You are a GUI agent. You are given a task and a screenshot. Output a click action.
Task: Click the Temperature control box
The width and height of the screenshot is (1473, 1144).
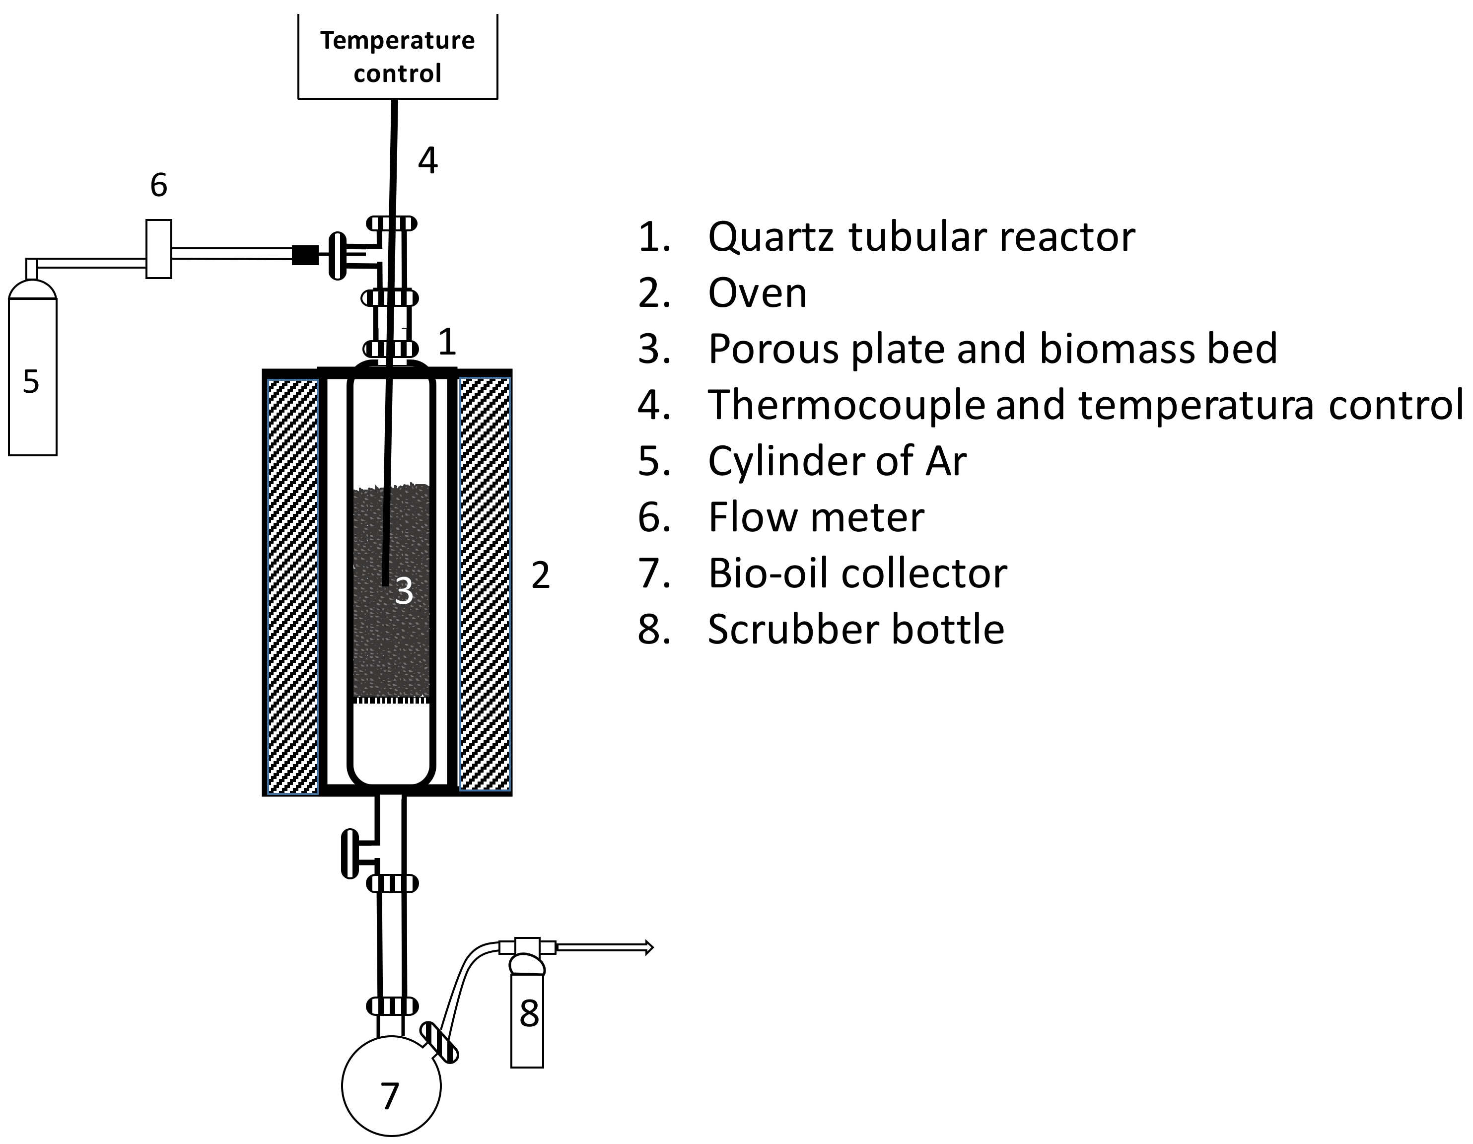[x=397, y=57]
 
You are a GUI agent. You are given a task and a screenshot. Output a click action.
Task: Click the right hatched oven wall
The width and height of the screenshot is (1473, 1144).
[x=484, y=583]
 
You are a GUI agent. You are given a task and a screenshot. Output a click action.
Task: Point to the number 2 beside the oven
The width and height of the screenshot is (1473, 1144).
[x=540, y=575]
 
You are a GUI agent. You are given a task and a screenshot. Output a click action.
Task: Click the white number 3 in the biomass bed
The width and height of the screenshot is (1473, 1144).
[x=403, y=591]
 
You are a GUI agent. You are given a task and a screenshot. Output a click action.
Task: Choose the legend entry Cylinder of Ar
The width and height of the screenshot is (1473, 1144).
[x=837, y=461]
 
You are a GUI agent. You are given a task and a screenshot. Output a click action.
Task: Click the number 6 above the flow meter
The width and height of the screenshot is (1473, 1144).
[x=158, y=185]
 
